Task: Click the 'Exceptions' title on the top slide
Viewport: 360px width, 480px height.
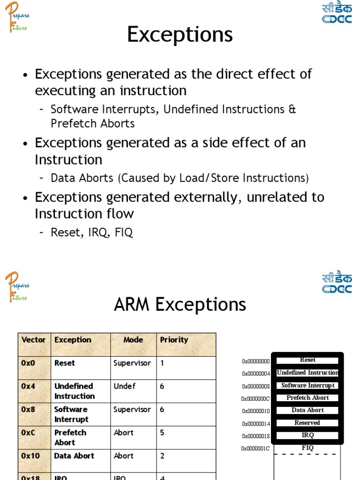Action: (180, 35)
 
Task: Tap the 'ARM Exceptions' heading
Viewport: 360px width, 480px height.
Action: (180, 305)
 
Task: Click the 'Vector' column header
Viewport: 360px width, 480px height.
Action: (34, 340)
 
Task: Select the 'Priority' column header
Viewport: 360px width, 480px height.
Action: (174, 340)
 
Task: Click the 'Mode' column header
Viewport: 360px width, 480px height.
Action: (133, 340)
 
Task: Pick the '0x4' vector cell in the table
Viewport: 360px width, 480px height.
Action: (28, 386)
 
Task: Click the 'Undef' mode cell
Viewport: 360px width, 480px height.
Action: (124, 386)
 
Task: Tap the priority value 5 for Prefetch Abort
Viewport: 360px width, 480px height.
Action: (162, 433)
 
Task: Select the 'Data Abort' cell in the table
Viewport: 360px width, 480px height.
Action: (74, 456)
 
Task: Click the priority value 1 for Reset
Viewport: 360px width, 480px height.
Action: (162, 363)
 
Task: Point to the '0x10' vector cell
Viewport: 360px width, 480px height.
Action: (30, 456)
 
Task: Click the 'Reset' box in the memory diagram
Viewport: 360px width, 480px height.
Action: (307, 360)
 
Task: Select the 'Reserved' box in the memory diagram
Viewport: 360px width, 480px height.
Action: (307, 423)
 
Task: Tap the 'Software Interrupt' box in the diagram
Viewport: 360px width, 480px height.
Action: (307, 385)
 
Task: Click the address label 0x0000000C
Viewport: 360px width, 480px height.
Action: (256, 399)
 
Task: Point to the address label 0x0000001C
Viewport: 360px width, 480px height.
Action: (256, 449)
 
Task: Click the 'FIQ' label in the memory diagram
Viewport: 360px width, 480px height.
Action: (307, 448)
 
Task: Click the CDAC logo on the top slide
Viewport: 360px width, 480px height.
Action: (337, 13)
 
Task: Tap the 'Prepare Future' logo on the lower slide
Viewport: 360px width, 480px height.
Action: (17, 286)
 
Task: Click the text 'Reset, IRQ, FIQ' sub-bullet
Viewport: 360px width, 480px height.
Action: (92, 232)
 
